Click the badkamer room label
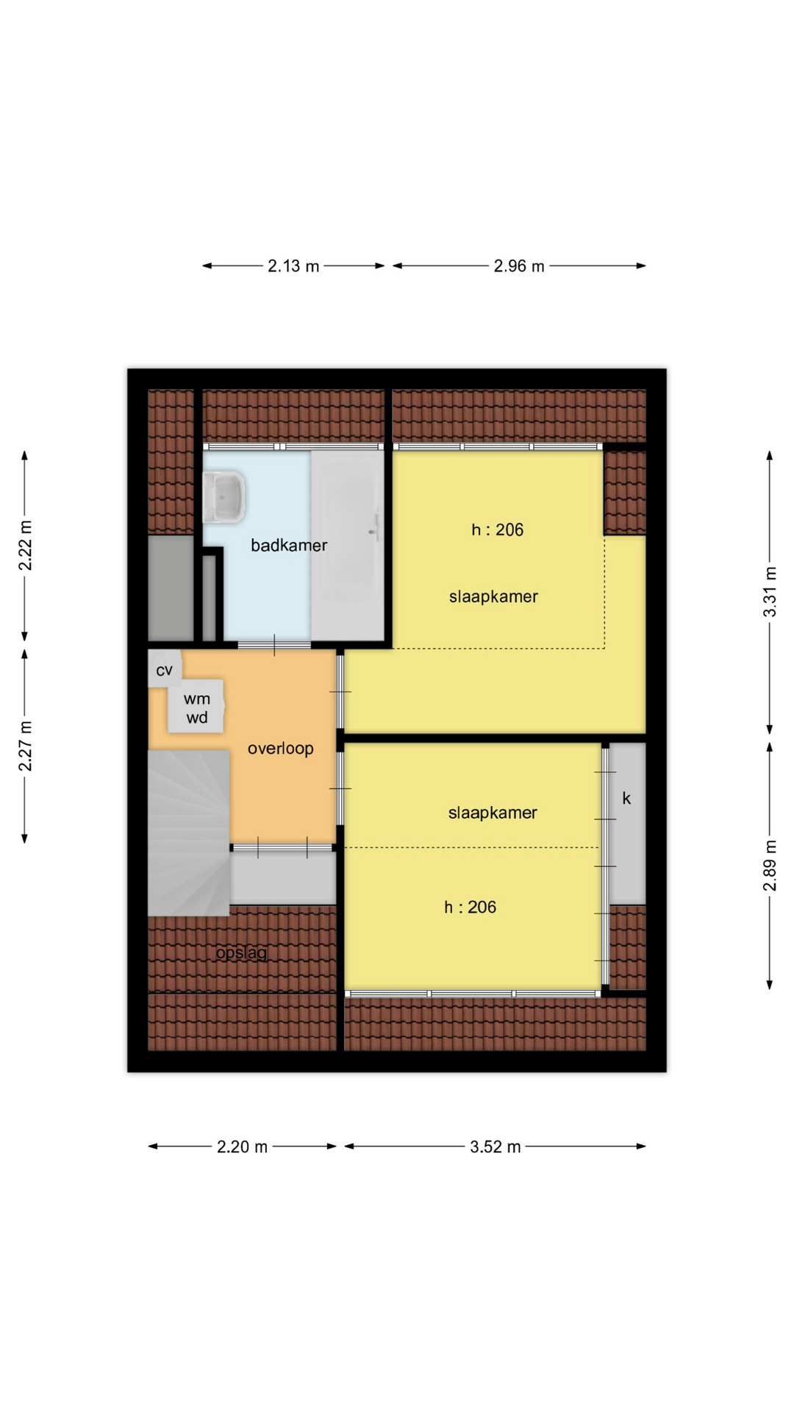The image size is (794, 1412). click(x=288, y=546)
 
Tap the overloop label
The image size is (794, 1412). click(x=280, y=749)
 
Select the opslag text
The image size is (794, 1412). click(x=241, y=953)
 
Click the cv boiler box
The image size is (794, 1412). click(x=165, y=668)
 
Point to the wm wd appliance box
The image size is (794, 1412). click(x=196, y=707)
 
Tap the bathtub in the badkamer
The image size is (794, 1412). click(x=348, y=545)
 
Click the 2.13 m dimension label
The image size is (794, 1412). click(x=293, y=266)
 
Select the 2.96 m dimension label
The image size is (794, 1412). click(x=519, y=266)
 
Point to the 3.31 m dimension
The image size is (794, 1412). click(x=770, y=592)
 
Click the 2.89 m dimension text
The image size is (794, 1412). click(x=770, y=865)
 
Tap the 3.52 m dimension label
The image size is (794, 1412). click(x=496, y=1147)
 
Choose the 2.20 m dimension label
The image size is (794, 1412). click(x=242, y=1147)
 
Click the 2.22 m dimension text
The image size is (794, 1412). click(x=25, y=545)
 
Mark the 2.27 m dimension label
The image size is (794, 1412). click(x=25, y=746)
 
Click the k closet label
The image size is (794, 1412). click(x=626, y=798)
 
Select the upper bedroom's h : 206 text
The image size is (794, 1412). click(x=498, y=529)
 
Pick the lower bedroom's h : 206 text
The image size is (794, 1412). click(x=470, y=908)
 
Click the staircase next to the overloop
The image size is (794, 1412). click(x=189, y=832)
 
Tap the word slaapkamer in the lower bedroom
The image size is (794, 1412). click(x=493, y=813)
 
